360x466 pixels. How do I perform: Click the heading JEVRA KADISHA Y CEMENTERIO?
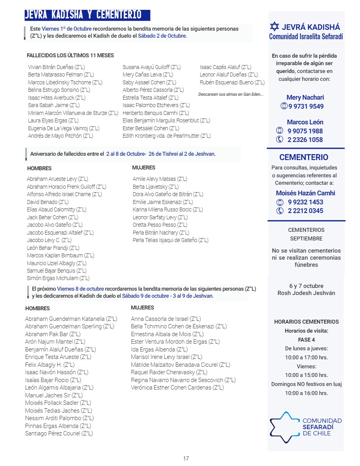(83, 15)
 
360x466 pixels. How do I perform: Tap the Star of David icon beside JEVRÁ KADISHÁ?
(275, 27)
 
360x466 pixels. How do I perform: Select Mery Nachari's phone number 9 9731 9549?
(306, 106)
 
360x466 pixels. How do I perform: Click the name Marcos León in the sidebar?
(305, 122)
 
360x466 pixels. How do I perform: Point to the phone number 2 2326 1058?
(305, 140)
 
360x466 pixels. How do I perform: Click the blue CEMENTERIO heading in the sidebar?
(304, 157)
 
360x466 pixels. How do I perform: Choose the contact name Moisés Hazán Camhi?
(305, 193)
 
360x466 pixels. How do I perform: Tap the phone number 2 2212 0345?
(305, 211)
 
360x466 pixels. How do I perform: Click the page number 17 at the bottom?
(186, 458)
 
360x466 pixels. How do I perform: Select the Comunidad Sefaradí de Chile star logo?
(285, 427)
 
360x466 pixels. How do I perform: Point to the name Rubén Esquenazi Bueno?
(232, 82)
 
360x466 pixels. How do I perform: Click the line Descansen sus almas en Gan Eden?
(231, 95)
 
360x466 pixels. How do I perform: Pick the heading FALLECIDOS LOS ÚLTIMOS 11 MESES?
(70, 56)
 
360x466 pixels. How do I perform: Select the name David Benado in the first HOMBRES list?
(48, 202)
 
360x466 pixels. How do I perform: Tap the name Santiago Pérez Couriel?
(59, 433)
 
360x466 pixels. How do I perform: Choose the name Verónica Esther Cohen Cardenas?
(177, 388)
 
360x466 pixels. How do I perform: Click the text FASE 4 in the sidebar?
(306, 340)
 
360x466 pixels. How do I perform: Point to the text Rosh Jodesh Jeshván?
(306, 293)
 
